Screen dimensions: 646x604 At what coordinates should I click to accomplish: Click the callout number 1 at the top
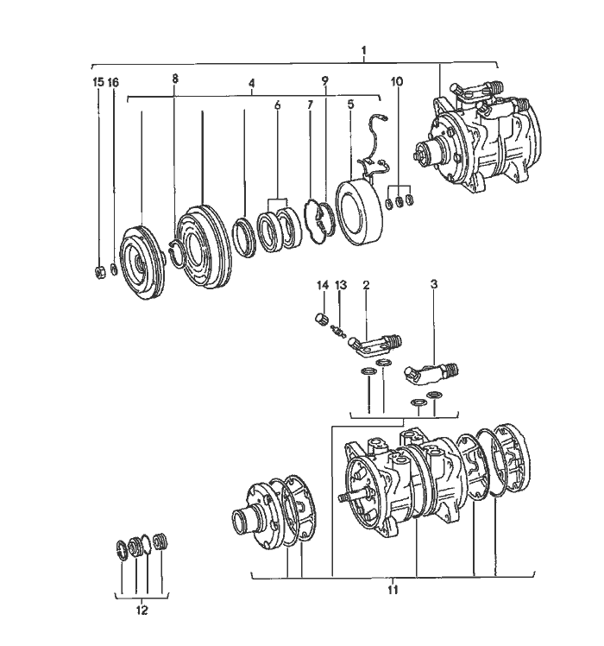364,49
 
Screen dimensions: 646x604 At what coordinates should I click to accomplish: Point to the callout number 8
175,79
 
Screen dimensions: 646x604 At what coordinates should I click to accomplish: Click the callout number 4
251,84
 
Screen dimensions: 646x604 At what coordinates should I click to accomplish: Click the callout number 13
340,285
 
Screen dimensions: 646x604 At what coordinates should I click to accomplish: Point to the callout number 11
393,590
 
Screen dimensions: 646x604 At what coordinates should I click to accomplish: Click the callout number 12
142,611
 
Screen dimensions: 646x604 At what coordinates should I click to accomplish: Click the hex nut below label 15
99,273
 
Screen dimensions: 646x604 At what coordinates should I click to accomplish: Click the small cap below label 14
323,321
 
